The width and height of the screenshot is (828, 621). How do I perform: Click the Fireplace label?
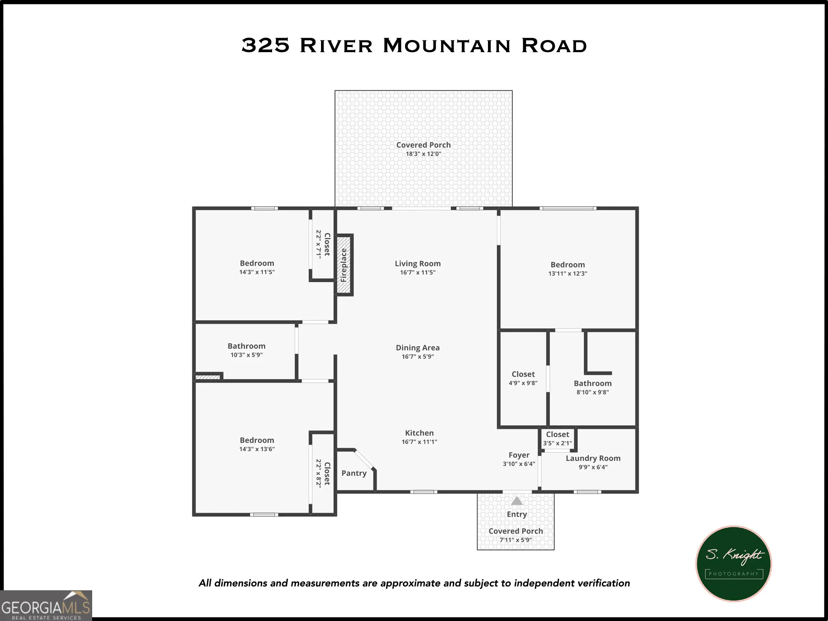344,265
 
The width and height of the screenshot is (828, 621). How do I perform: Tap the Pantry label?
354,473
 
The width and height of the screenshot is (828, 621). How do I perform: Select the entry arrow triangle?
517,501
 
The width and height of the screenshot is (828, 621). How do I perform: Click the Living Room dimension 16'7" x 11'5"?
418,272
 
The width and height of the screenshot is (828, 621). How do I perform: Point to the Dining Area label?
418,347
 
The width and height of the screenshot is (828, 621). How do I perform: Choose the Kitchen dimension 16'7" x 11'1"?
419,442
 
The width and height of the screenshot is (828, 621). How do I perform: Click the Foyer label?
519,455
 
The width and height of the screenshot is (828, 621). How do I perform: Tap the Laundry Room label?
593,458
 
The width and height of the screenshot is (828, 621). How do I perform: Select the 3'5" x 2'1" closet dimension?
558,443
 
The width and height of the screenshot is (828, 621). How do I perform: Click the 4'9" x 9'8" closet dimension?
523,383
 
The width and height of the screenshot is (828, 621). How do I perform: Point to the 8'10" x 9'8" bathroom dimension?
593,392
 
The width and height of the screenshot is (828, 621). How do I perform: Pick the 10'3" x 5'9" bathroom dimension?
247,355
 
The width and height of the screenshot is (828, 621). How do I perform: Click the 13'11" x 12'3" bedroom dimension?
568,274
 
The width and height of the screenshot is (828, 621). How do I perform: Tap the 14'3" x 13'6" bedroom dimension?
257,449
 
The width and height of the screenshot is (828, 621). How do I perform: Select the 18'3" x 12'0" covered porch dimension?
423,154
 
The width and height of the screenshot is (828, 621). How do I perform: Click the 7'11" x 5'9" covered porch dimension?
516,540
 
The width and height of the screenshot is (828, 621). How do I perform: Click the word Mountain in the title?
447,45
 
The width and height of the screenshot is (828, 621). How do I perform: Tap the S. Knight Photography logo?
734,564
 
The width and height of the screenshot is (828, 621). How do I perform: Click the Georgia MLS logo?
46,605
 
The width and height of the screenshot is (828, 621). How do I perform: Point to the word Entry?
517,514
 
